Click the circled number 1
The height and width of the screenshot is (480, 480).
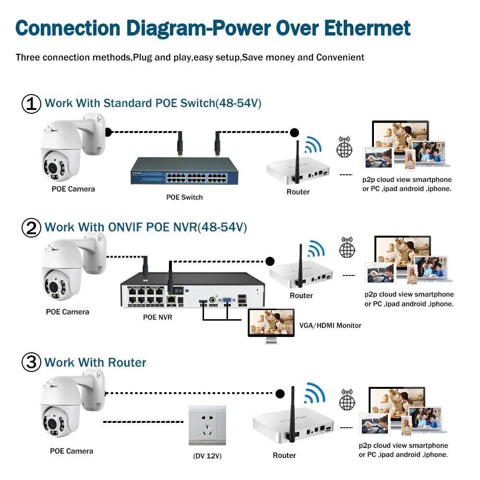(x=32, y=104)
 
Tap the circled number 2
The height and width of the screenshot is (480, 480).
(x=32, y=228)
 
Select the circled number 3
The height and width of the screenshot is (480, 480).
(x=32, y=362)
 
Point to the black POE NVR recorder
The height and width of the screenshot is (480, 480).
(x=192, y=292)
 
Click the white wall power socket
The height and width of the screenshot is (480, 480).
(x=207, y=426)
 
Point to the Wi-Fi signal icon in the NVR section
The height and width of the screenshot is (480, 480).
(x=316, y=249)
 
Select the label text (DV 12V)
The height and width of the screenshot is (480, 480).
(x=207, y=456)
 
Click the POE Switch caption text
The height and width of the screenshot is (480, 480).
(x=184, y=197)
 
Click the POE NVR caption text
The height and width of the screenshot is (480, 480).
(x=157, y=317)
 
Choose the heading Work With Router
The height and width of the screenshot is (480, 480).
(x=95, y=362)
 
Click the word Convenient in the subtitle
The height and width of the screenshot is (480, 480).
(x=340, y=58)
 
